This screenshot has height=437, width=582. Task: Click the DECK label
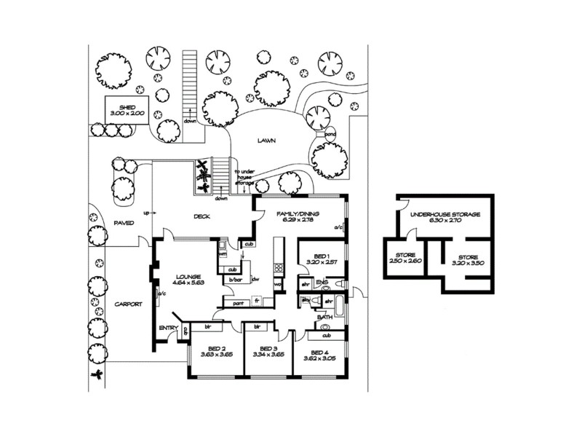tap(202, 216)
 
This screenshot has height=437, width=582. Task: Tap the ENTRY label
tap(168, 328)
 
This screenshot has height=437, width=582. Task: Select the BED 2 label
tap(216, 348)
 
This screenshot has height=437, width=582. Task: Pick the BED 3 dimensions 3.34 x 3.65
tap(268, 355)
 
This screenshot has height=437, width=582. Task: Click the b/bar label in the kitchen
tap(235, 280)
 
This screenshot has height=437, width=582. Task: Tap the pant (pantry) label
tap(237, 302)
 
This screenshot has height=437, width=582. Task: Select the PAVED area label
tap(124, 223)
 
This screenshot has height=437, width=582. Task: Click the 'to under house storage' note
tap(244, 178)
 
